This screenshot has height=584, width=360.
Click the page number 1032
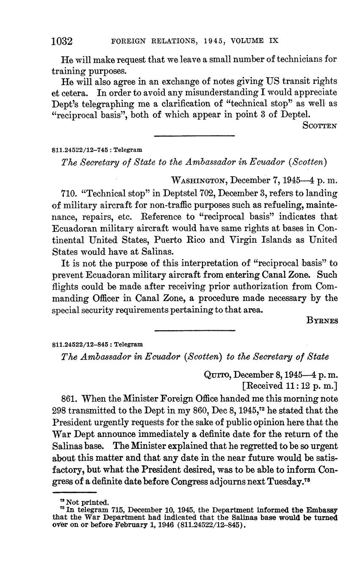[62, 41]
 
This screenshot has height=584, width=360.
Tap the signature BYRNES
[322, 321]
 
